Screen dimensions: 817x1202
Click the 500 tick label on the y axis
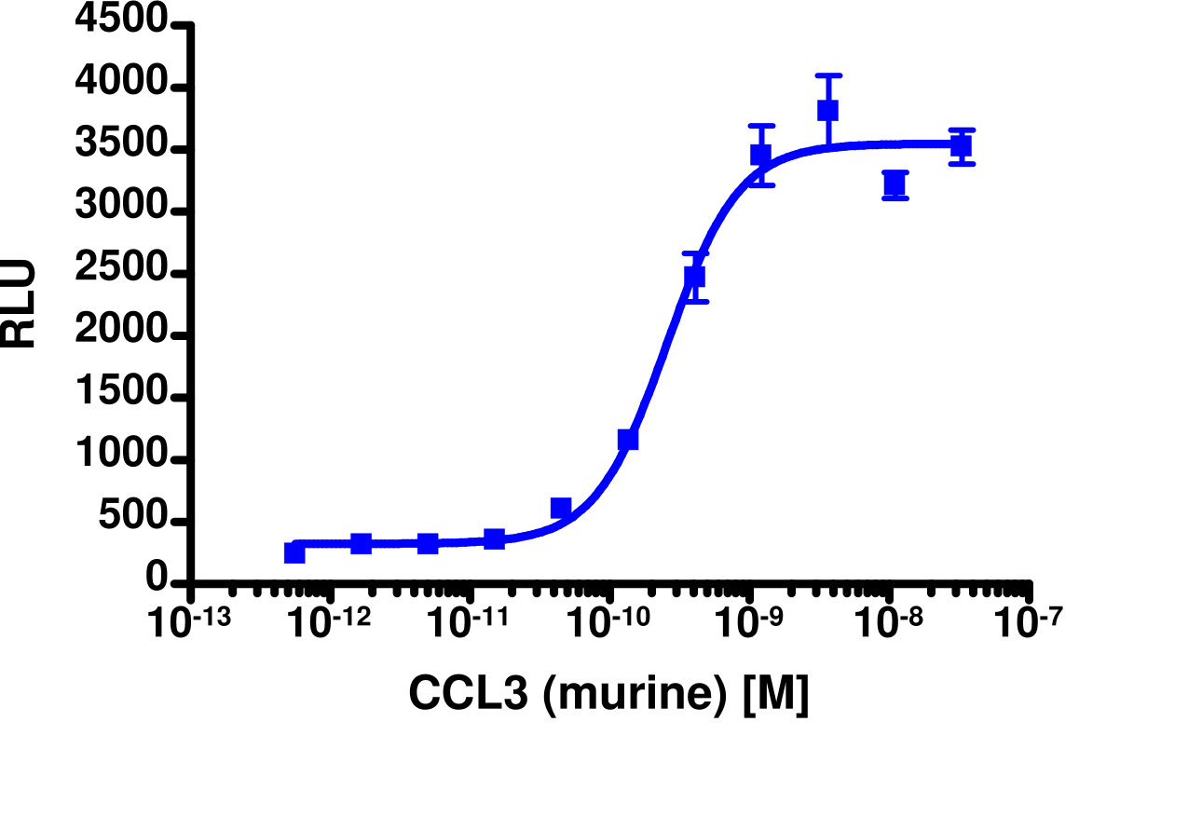tap(134, 522)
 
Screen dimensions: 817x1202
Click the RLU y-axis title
tap(19, 304)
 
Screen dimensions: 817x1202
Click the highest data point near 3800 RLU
tap(827, 110)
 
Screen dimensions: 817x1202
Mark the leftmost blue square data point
tap(294, 552)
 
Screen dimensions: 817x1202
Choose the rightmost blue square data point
tap(962, 145)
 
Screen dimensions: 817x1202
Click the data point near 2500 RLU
tap(694, 277)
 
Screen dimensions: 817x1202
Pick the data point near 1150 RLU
tap(628, 439)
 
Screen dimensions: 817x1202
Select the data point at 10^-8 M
tap(895, 184)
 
